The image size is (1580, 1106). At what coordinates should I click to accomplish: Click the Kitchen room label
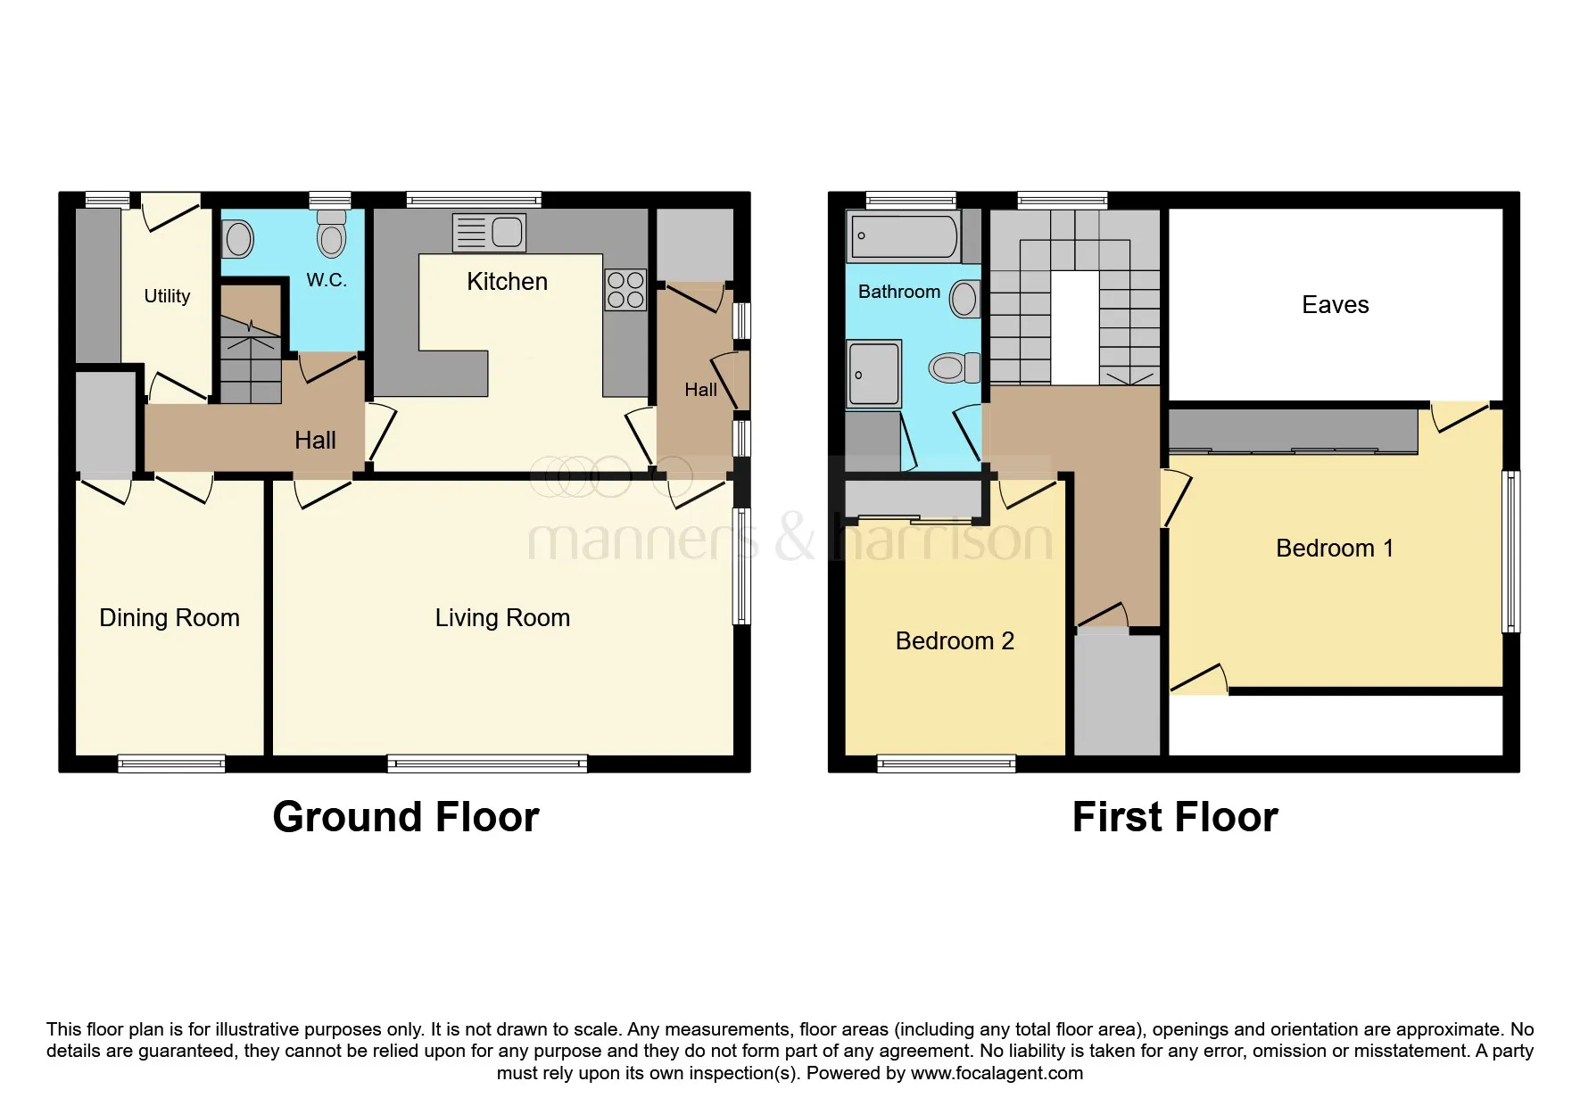[507, 282]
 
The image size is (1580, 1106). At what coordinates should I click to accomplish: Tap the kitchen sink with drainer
[489, 233]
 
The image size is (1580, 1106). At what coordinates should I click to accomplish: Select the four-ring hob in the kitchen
[625, 289]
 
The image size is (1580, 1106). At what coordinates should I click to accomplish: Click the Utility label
[167, 296]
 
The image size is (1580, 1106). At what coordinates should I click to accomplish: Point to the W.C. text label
[327, 280]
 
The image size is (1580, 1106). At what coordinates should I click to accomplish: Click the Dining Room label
[170, 618]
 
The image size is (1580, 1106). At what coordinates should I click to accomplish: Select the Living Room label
[502, 618]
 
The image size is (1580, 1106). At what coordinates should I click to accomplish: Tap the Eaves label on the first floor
[1335, 305]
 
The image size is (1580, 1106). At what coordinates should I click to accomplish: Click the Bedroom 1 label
[1335, 549]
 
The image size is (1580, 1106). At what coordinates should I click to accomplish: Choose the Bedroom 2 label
[955, 641]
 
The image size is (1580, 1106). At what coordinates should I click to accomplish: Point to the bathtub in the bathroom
[904, 236]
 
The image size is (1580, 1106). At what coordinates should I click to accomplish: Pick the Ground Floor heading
[406, 817]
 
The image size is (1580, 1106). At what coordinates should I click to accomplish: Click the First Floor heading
[1175, 817]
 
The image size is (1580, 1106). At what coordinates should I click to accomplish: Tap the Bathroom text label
[899, 292]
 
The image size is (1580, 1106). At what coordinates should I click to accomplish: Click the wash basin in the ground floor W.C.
[238, 240]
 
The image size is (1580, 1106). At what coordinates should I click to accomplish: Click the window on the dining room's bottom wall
[171, 763]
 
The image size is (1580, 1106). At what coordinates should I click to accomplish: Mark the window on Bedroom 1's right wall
[1510, 551]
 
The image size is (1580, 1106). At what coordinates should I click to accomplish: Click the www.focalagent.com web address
[997, 1073]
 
